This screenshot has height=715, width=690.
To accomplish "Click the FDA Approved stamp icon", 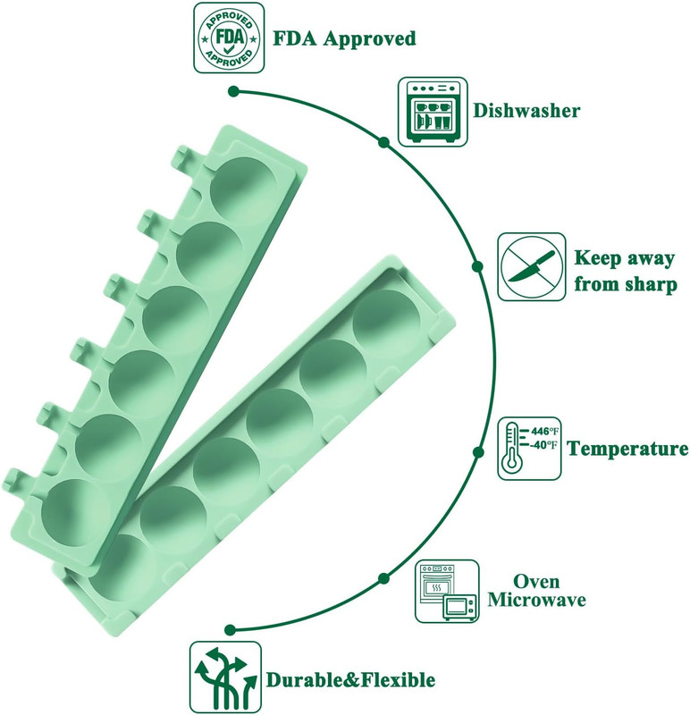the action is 229,38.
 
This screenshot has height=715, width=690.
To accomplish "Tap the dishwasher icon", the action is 433,112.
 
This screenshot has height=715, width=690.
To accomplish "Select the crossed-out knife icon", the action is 531,266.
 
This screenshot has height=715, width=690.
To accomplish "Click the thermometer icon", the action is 529,449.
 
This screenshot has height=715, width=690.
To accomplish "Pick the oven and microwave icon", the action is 448,591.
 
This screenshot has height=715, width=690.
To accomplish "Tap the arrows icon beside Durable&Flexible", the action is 225,677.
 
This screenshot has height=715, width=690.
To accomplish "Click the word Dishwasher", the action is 526,111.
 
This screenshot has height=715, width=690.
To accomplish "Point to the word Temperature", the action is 627,449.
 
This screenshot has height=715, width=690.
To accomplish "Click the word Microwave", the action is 536,600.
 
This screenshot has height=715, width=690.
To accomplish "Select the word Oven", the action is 536,582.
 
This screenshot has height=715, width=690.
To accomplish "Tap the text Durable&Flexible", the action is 350,680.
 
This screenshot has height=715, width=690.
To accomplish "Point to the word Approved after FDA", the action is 369,38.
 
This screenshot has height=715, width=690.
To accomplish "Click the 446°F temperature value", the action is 544,431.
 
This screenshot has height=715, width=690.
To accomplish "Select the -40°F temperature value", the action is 543,444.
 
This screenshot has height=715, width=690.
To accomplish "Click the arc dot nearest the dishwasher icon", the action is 384,142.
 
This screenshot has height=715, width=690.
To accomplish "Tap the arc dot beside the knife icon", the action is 477,266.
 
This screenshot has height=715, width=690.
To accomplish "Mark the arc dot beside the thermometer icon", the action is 478,452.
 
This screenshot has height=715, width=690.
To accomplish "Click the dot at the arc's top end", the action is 233,92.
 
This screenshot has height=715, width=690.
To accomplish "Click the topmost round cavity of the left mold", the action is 244,190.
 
